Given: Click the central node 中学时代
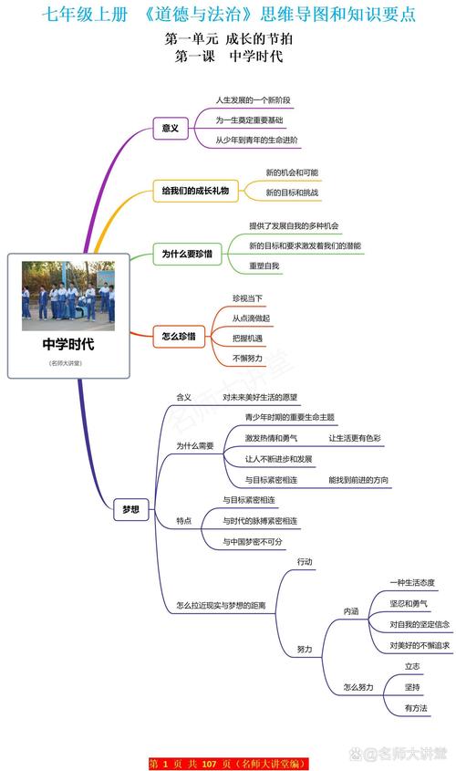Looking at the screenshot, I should (67, 345).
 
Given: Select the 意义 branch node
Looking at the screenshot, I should (170, 129).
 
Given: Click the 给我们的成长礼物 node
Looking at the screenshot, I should (194, 191).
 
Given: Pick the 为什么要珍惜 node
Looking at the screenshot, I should (186, 254).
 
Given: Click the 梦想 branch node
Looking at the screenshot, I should (131, 511).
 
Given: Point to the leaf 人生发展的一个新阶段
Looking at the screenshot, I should (254, 99).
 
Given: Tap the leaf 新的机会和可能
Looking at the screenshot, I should (292, 172).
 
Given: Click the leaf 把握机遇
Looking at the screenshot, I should (247, 339).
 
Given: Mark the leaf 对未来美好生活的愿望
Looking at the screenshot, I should (260, 398).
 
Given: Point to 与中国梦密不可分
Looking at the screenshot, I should (253, 541).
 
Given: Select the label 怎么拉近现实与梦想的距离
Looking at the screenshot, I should (221, 606).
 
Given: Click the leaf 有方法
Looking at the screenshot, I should (416, 707).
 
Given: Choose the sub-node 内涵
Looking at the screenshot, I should (350, 610).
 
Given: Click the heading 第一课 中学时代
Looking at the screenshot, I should (228, 57).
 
